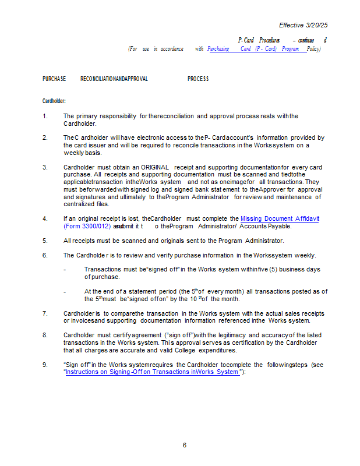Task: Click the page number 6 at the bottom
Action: pyautogui.click(x=185, y=446)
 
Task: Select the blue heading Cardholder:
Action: pyautogui.click(x=54, y=101)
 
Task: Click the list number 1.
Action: pyautogui.click(x=45, y=116)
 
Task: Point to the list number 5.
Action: pyautogui.click(x=45, y=241)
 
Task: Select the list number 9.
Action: pyautogui.click(x=45, y=365)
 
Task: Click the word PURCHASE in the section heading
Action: pyautogui.click(x=54, y=79)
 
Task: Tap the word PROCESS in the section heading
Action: pyautogui.click(x=198, y=79)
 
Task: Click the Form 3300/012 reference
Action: pyautogui.click(x=87, y=226)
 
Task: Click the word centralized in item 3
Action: pyautogui.click(x=79, y=204)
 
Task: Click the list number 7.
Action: pyautogui.click(x=45, y=313)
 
